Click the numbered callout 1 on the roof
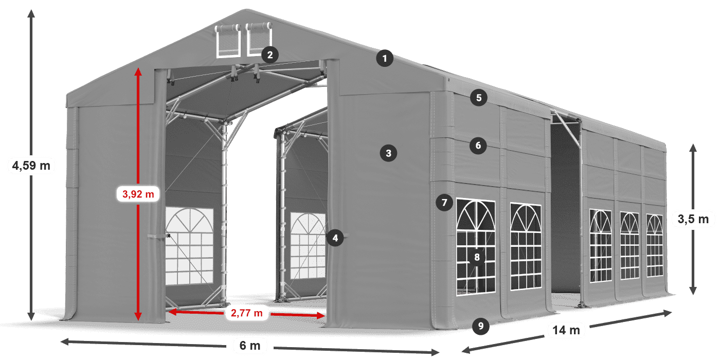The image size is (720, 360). [384, 59]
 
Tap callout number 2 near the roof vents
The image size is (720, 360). [269, 55]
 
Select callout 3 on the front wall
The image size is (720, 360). [388, 153]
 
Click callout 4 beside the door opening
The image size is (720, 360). [335, 238]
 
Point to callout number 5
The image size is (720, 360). [478, 98]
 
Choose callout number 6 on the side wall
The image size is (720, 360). [478, 146]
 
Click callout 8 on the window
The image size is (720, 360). [477, 257]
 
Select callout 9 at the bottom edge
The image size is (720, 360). [480, 325]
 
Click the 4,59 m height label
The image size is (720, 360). [31, 166]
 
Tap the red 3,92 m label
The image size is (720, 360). [138, 194]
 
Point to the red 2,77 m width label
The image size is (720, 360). [246, 312]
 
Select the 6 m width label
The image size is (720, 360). [250, 346]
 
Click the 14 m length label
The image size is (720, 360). [566, 330]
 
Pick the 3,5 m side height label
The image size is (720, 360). [693, 220]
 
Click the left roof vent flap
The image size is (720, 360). [228, 40]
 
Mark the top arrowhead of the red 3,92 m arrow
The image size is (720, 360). [138, 71]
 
